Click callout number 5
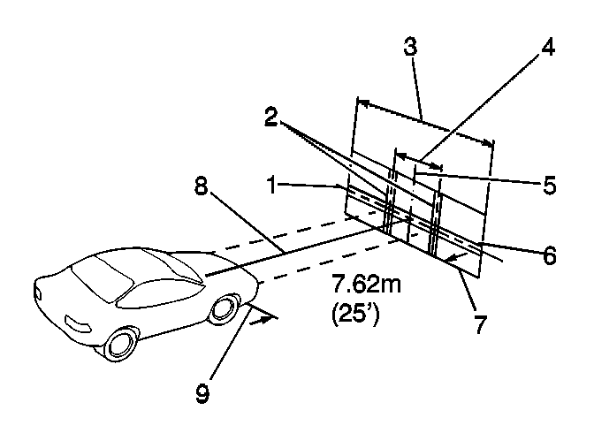point(548,186)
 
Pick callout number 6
point(549,255)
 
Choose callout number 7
point(480,323)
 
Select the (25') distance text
point(354,315)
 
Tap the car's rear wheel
point(120,341)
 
